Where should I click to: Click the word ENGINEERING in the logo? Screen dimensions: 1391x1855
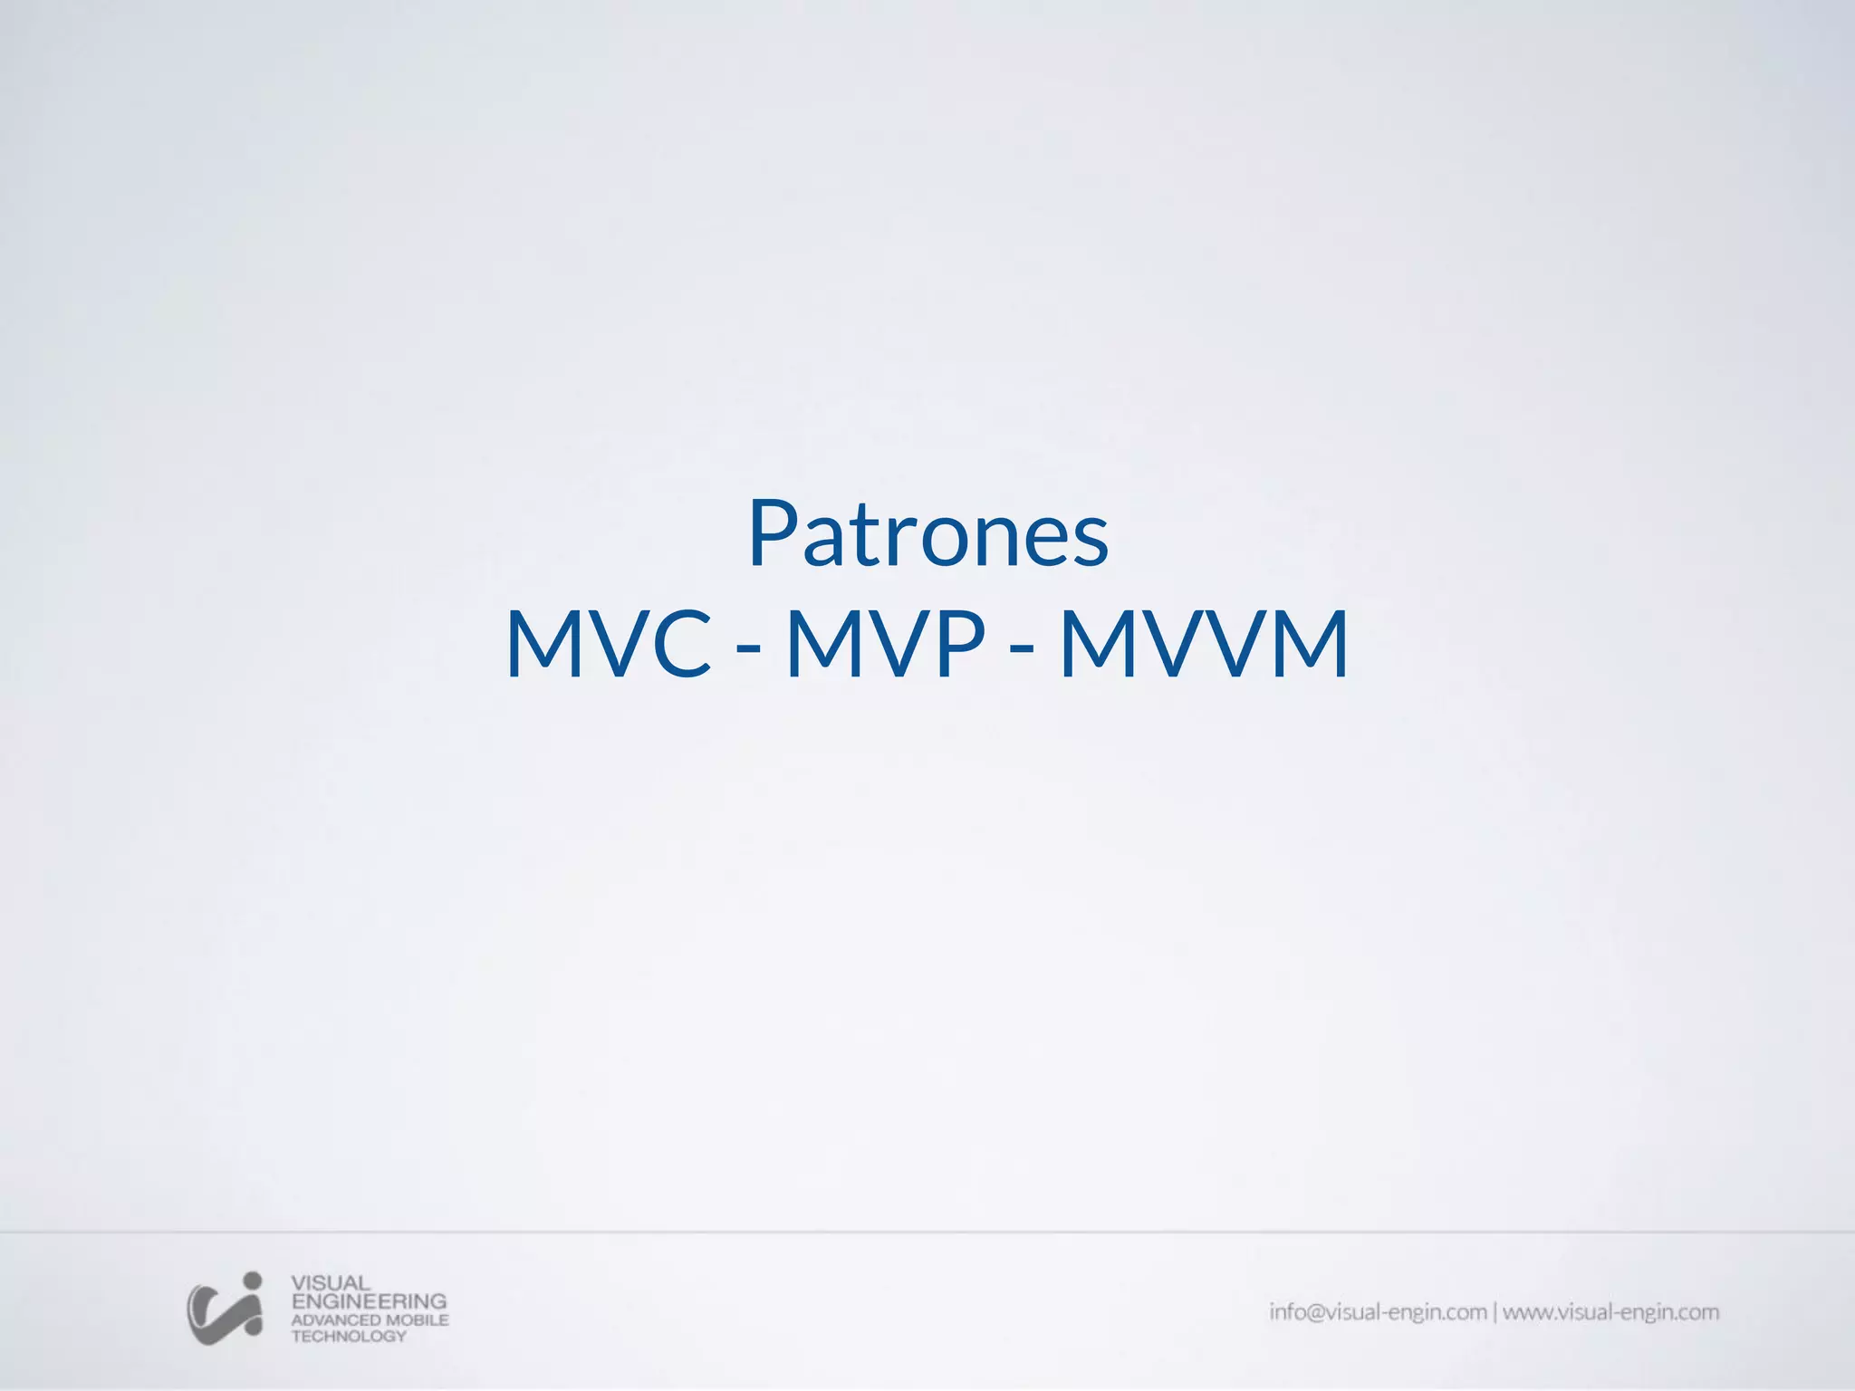pos(369,1300)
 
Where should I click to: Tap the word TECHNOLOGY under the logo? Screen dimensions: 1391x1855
pos(349,1336)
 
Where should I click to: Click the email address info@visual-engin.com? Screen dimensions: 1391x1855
pos(1378,1311)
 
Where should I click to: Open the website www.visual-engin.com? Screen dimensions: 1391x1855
pos(1610,1311)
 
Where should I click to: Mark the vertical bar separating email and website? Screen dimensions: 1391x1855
pos(1495,1311)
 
